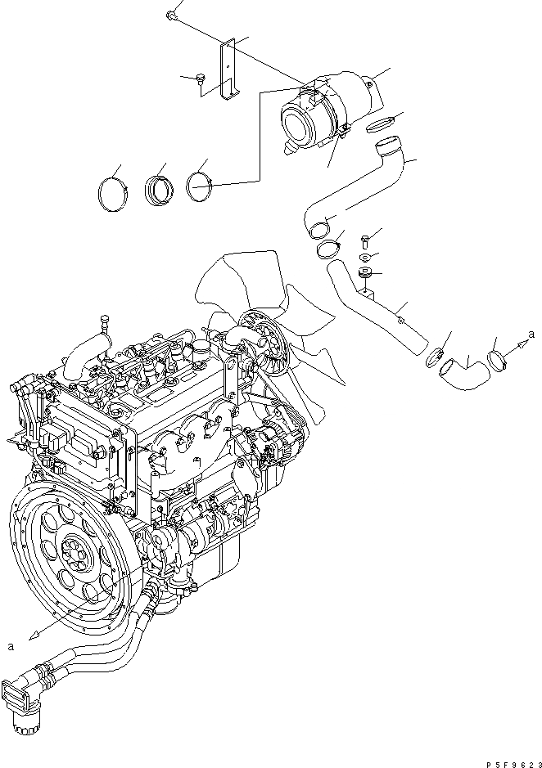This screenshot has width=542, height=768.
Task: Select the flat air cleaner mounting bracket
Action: [228, 70]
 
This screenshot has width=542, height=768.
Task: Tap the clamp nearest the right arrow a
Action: [496, 358]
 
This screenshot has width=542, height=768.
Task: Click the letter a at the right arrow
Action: [533, 334]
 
